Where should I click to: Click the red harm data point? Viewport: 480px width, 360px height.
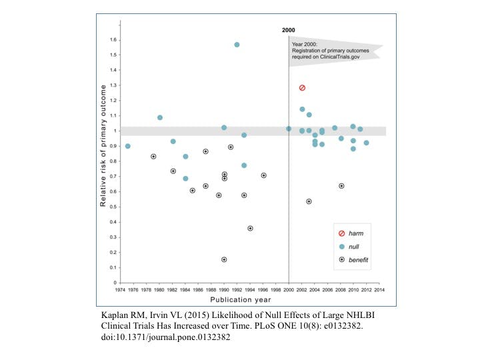coord(302,88)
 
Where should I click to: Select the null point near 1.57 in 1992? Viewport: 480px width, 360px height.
coord(237,45)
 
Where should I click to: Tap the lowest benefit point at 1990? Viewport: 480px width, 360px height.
coord(224,259)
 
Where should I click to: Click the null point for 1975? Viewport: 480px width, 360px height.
coord(128,146)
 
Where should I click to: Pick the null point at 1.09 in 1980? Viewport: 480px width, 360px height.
coord(160,118)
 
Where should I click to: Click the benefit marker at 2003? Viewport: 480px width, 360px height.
coord(309,201)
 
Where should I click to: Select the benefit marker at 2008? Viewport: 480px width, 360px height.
coord(341,186)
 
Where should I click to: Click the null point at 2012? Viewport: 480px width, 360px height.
coord(366,143)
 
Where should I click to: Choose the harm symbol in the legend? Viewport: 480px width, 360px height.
coord(341,233)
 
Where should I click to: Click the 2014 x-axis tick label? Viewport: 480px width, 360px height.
coord(379,291)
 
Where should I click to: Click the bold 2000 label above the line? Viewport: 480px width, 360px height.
coord(288,30)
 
